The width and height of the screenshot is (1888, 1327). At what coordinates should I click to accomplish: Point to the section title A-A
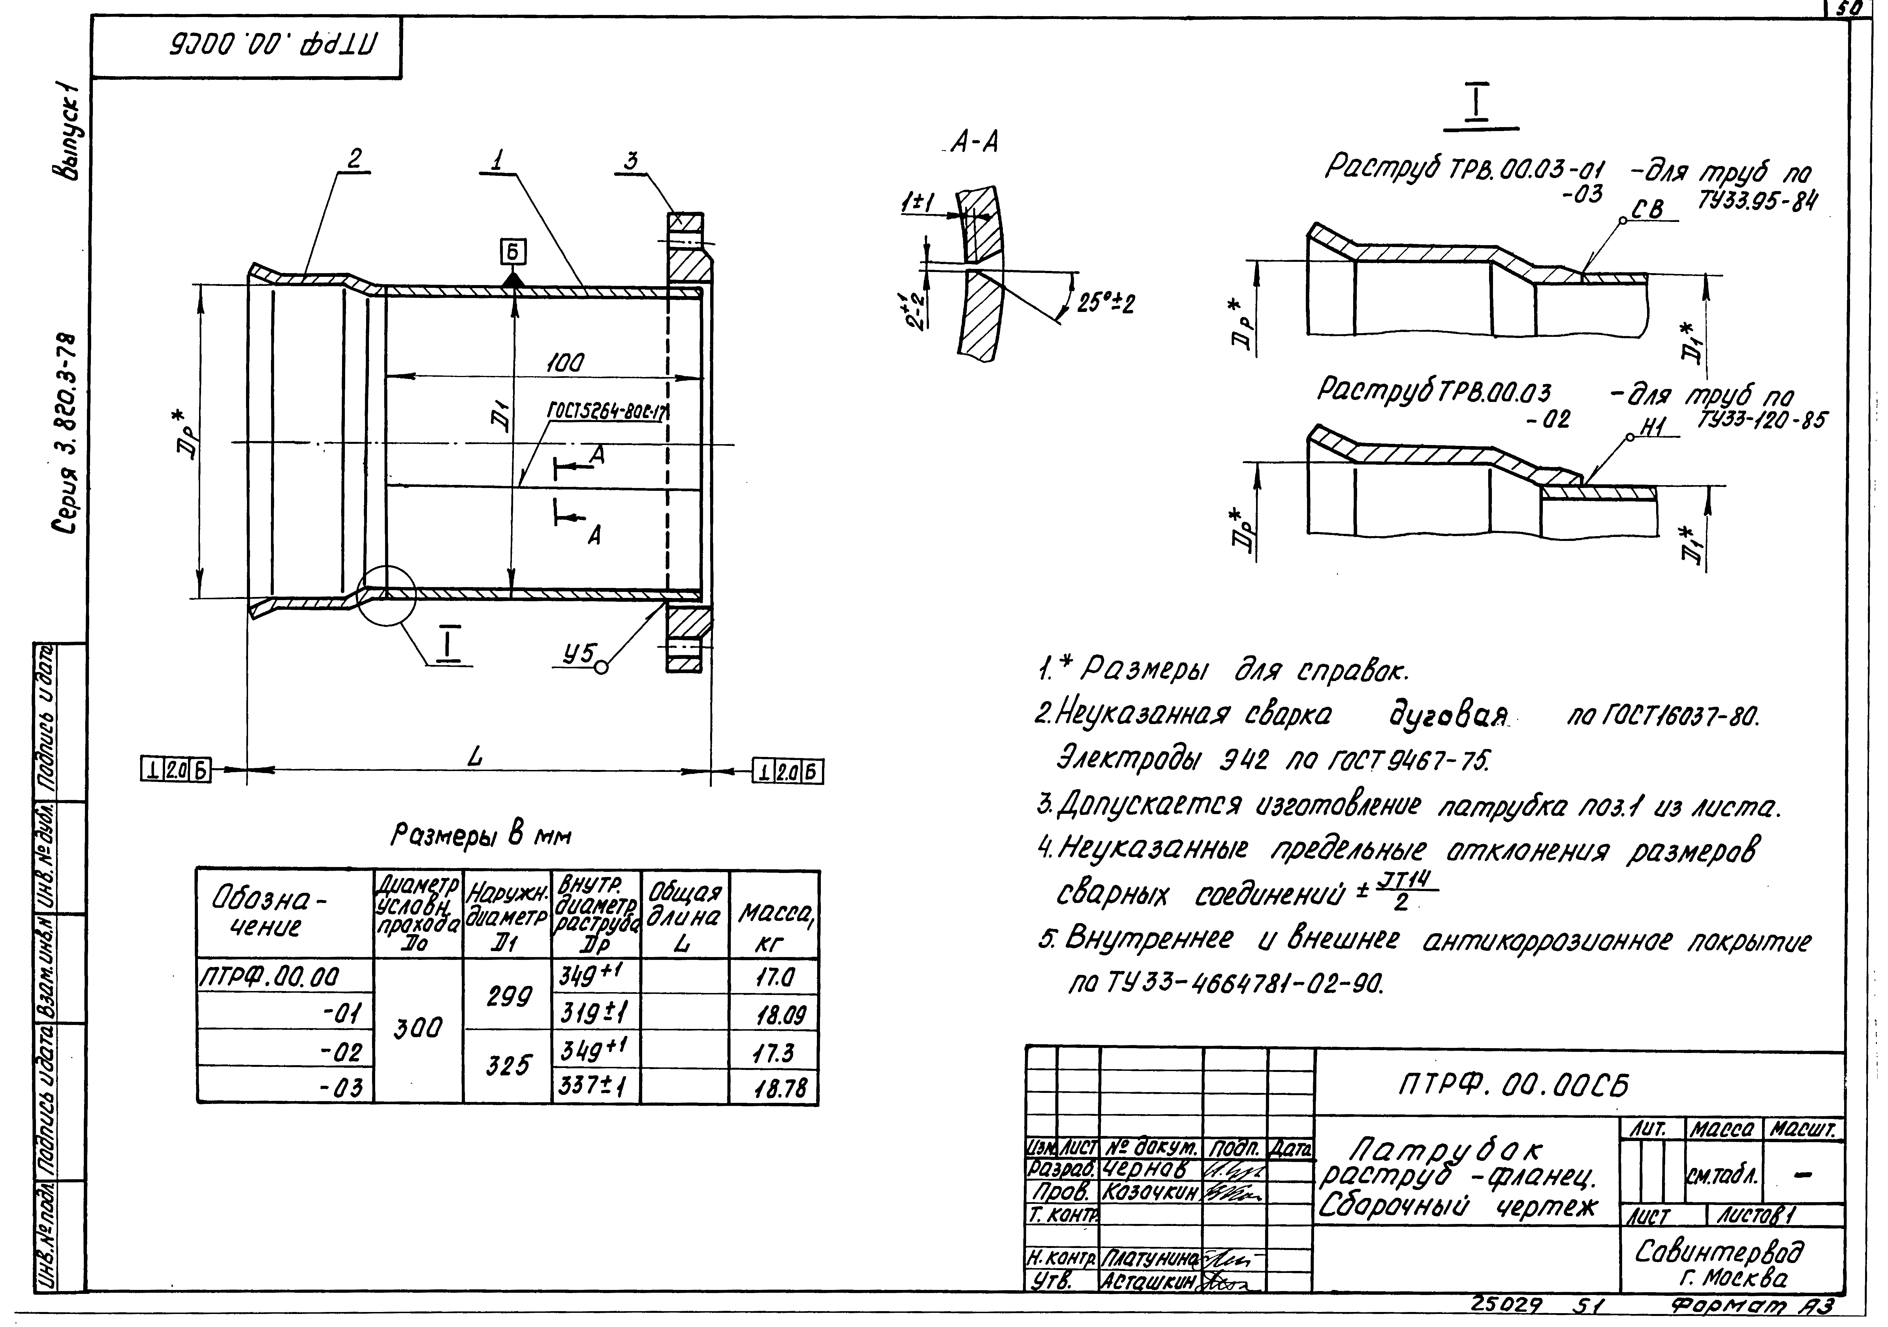coord(974,144)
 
